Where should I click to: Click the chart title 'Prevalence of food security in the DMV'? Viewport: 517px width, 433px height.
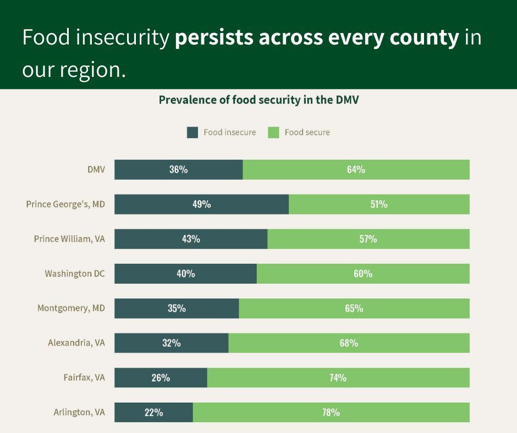pos(258,100)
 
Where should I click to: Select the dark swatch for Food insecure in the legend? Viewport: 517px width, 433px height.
pos(193,132)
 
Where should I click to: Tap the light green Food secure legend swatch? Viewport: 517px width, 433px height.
pos(273,132)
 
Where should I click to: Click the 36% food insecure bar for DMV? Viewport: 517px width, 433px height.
pos(178,170)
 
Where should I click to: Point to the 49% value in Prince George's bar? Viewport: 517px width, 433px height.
pos(201,204)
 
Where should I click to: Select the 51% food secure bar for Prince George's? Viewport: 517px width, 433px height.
pos(378,204)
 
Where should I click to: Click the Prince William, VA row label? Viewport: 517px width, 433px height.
pos(69,239)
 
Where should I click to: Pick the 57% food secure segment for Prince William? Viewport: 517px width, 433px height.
pos(368,239)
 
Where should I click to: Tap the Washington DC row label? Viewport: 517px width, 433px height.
pos(75,274)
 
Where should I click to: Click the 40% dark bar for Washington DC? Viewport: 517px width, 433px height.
pos(185,274)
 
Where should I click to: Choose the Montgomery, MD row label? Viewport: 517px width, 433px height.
pos(71,308)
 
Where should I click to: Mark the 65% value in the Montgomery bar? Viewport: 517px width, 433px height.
pos(354,308)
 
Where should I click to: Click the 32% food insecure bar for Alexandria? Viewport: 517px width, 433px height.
pos(171,343)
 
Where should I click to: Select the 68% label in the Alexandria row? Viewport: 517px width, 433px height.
pos(349,343)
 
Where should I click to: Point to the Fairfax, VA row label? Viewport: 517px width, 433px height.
pos(84,378)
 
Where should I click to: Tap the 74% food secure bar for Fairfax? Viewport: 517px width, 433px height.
pos(338,378)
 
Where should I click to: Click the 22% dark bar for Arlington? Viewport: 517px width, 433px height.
pos(153,412)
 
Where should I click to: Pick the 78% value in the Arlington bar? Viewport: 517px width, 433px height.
pos(331,412)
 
